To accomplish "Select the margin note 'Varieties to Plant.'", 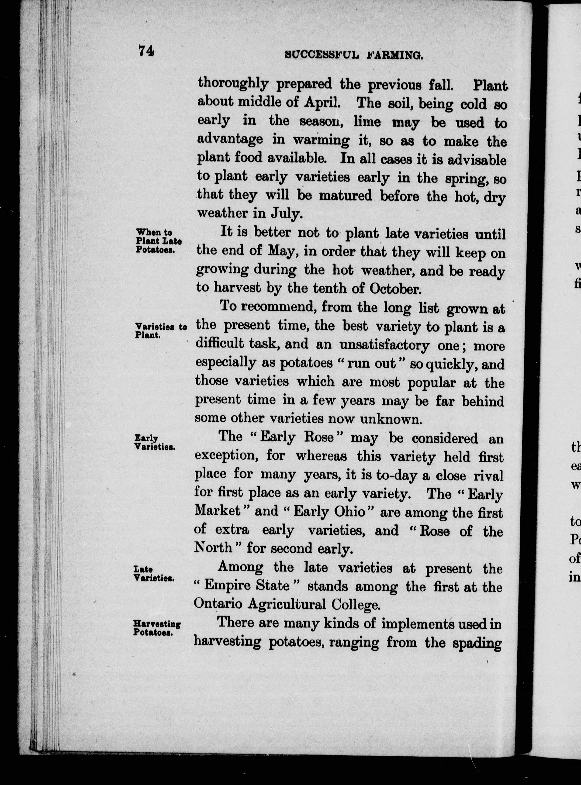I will point(160,331).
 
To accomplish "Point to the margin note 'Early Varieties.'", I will point(155,442).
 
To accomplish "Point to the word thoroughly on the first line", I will point(233,84).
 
